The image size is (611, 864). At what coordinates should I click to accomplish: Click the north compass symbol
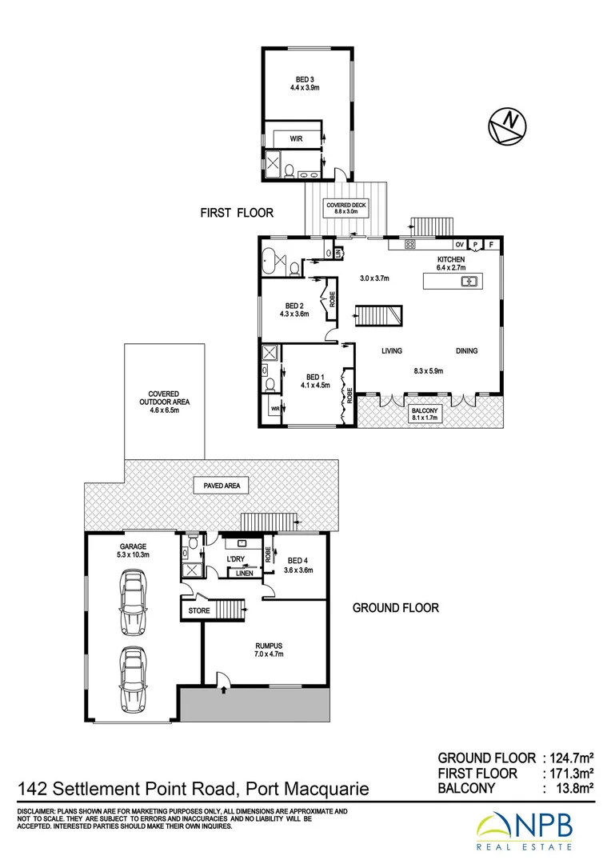(507, 125)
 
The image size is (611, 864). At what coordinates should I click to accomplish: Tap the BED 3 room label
(304, 79)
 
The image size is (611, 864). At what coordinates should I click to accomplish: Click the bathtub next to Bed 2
(270, 258)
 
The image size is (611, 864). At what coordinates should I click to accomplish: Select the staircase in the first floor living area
(377, 315)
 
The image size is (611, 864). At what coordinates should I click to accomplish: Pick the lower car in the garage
(132, 678)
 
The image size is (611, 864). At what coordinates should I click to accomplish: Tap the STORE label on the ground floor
(198, 611)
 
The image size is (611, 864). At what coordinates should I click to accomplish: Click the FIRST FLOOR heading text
(237, 213)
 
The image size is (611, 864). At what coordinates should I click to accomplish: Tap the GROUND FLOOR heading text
(396, 608)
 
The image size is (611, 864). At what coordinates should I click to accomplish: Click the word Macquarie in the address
(321, 790)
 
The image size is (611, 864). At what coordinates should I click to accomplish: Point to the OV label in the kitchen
(459, 244)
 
